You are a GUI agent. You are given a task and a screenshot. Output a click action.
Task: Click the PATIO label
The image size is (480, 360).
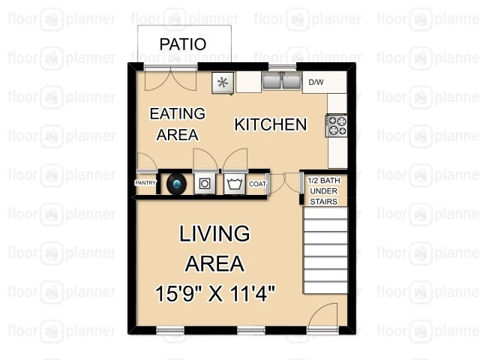tap(183, 44)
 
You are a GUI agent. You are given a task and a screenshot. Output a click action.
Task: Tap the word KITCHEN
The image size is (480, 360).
tap(271, 124)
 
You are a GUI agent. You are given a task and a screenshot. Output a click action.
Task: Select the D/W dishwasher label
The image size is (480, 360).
tap(316, 82)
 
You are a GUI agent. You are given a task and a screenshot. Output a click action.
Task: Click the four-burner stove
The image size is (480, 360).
tap(337, 125)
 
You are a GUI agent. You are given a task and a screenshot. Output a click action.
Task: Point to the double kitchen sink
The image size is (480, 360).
tap(282, 81)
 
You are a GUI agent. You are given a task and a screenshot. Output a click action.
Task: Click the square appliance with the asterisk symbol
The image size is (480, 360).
tap(223, 82)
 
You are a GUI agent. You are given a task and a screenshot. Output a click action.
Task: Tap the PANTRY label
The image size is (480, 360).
tap(145, 183)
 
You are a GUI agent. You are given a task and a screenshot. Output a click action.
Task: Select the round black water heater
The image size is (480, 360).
tap(176, 184)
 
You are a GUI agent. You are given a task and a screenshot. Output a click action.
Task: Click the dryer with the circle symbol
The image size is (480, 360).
tap(205, 184)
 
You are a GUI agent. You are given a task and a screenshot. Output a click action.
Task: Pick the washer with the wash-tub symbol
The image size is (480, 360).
tap(235, 184)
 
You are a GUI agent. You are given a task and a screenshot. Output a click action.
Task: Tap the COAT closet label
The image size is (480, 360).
tap(257, 184)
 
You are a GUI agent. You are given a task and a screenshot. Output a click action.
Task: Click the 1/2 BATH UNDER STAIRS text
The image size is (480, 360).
tap(323, 191)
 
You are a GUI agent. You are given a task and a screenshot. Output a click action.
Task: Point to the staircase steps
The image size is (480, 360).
tap(325, 250)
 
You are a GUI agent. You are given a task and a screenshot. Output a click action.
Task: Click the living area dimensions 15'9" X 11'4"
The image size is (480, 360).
tap(215, 293)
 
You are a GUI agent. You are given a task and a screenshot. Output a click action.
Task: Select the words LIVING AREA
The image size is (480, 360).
tap(214, 248)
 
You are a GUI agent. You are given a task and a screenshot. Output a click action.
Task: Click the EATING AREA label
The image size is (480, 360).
tap(177, 124)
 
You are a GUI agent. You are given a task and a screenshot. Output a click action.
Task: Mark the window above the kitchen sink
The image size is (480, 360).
tap(283, 67)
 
